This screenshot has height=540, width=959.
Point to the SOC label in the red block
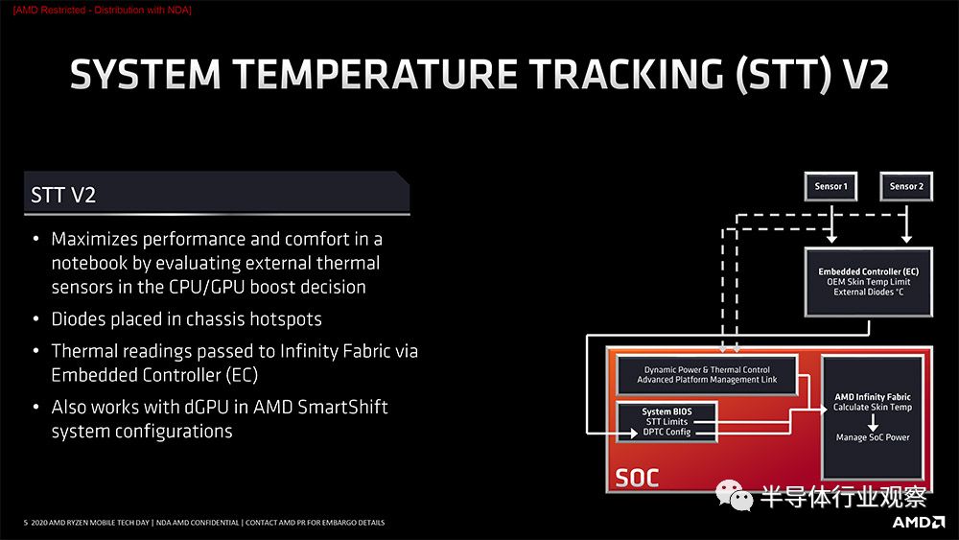click(x=637, y=478)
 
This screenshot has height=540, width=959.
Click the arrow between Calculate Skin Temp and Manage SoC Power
click(x=873, y=422)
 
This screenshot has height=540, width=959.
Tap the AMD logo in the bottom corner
click(x=919, y=522)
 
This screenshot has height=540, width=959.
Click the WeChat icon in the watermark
click(x=734, y=495)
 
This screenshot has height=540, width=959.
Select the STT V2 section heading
click(x=63, y=195)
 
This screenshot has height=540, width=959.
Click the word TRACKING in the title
click(x=627, y=75)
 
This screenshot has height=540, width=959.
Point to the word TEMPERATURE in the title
click(x=376, y=75)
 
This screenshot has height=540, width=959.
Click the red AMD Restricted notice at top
click(x=103, y=10)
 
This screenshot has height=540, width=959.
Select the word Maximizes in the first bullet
click(x=95, y=239)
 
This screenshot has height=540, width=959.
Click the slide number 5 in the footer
click(x=26, y=523)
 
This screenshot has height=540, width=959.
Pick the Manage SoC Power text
click(x=873, y=437)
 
